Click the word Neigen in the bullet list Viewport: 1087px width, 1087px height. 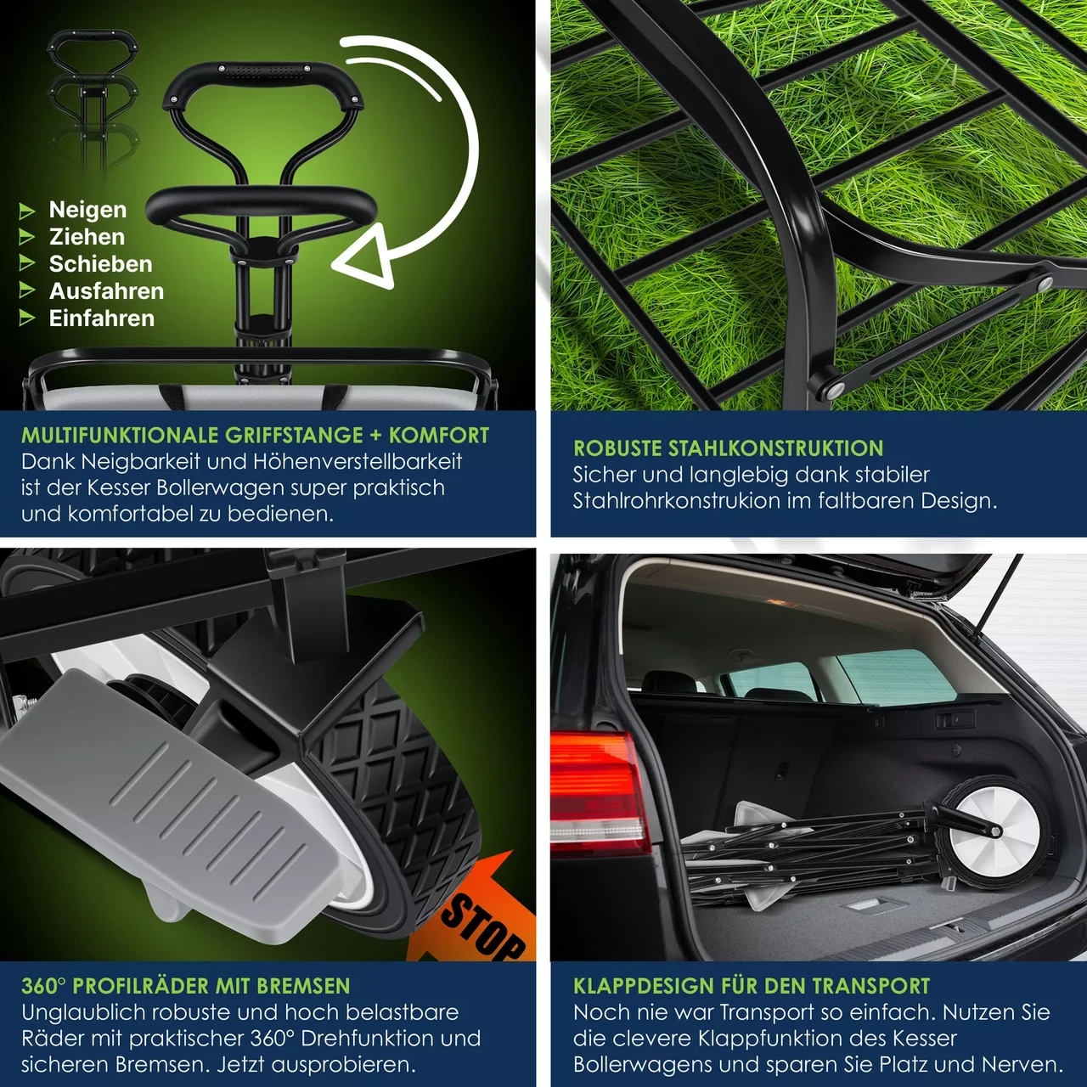tap(87, 210)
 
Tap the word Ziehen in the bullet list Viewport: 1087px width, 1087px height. tap(87, 237)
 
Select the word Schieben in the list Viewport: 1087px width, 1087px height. tap(100, 264)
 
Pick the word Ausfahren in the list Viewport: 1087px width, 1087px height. tap(106, 291)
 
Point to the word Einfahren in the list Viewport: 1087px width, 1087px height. tap(102, 318)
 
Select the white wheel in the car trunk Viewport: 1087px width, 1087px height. tap(994, 831)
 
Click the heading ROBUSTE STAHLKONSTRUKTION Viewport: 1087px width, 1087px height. tap(728, 448)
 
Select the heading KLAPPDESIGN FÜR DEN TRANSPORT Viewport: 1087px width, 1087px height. tap(752, 986)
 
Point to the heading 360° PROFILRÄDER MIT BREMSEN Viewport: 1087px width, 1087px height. tap(185, 986)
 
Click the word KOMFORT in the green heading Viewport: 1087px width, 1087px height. tap(439, 436)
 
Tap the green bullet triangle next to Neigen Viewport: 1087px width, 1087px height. tap(27, 211)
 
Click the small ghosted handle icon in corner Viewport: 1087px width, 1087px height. tap(93, 51)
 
